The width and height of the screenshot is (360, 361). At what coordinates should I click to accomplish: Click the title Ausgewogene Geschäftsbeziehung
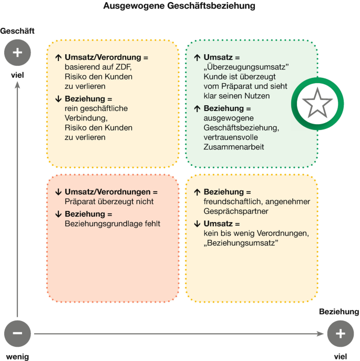(179, 6)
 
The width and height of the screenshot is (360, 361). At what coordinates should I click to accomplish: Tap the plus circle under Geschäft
(17, 52)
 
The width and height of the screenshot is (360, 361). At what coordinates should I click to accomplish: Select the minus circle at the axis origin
(17, 333)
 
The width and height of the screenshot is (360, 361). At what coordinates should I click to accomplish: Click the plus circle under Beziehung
(340, 333)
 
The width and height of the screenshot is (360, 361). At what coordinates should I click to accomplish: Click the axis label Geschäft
(17, 32)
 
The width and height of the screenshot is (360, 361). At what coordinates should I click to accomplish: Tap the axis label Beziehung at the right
(339, 312)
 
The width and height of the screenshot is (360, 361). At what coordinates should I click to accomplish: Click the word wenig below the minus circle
(17, 356)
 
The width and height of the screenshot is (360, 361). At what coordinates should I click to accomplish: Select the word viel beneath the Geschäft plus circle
(17, 74)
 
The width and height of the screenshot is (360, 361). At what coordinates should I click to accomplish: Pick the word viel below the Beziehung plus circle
(340, 356)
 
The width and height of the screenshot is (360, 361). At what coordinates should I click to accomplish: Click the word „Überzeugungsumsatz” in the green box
(248, 67)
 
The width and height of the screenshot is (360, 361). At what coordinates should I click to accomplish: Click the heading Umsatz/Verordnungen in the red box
(111, 192)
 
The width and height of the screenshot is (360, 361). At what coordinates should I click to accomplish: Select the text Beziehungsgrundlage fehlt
(112, 224)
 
